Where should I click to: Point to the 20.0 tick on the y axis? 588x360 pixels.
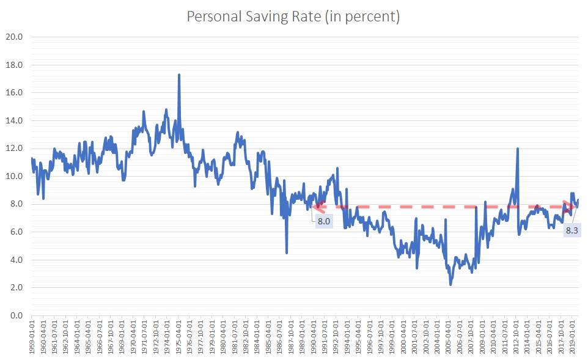point(15,37)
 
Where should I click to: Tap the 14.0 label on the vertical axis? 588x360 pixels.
point(15,120)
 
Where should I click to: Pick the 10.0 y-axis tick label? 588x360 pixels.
point(15,177)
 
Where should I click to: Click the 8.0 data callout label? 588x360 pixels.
point(323,221)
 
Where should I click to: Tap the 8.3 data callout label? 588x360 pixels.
point(572,230)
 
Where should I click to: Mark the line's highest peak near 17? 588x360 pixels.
point(178,75)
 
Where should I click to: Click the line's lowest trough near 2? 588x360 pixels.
point(450,284)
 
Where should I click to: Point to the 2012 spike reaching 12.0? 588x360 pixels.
point(518,148)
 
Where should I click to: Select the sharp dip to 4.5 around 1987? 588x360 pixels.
point(287,252)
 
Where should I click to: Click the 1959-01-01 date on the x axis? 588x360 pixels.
point(32,336)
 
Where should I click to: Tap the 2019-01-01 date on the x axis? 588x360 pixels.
point(572,336)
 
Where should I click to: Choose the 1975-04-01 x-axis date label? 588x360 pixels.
point(178,336)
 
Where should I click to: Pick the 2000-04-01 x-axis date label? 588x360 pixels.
point(403,336)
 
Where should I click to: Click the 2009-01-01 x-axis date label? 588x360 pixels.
point(482,336)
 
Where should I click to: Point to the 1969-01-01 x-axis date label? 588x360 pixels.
point(122,336)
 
